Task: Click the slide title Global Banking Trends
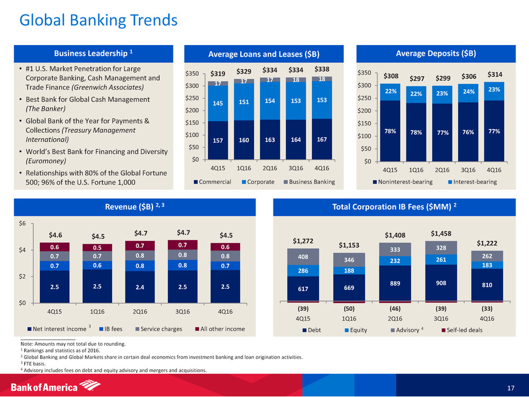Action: click(98, 21)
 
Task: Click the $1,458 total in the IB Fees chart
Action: click(442, 233)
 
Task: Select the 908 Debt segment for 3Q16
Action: click(442, 283)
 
